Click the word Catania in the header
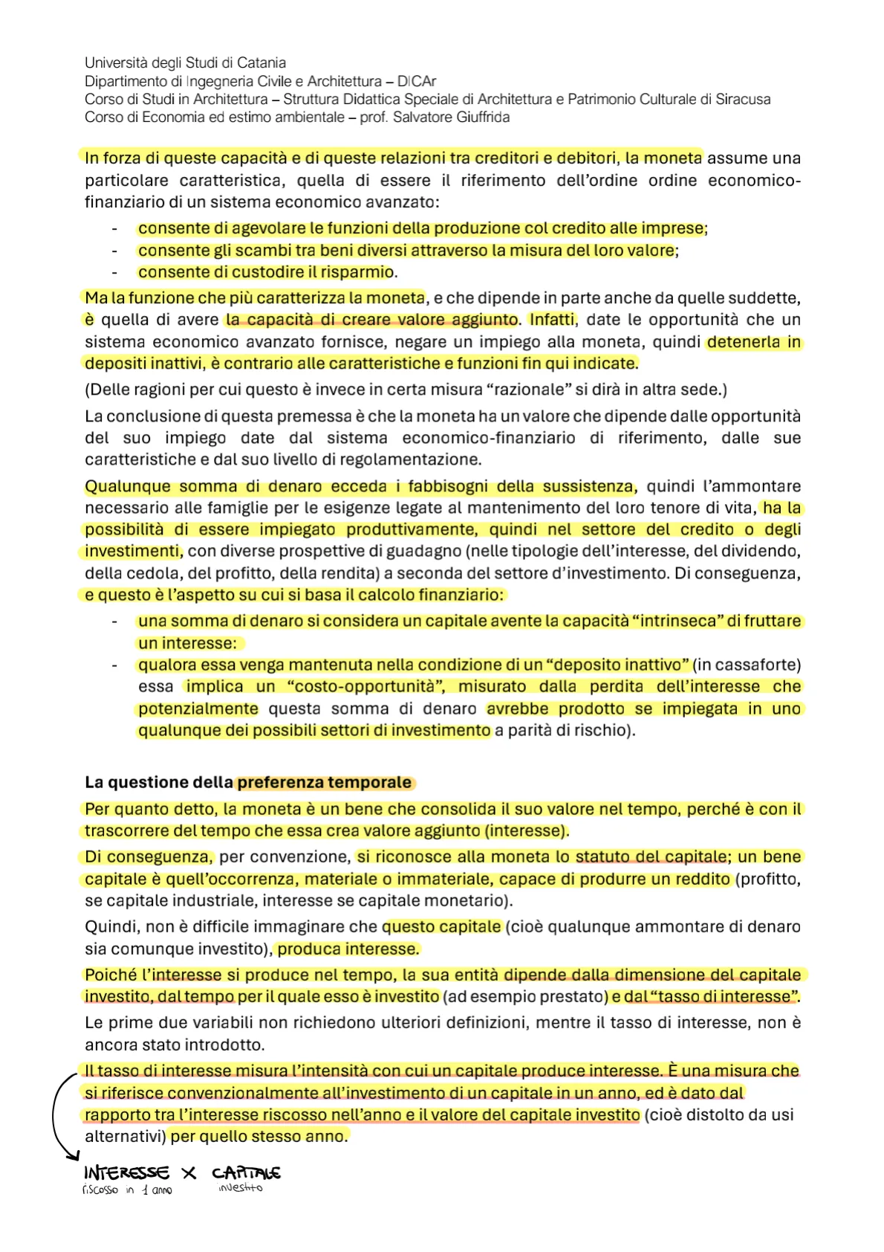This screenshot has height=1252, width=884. click(x=262, y=63)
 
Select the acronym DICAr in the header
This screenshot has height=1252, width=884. click(x=417, y=81)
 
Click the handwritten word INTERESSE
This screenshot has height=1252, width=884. click(x=126, y=1172)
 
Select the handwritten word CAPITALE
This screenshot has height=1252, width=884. click(x=246, y=1173)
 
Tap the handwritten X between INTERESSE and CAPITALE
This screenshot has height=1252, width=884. click(x=189, y=1172)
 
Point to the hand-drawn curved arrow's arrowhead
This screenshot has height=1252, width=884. click(x=74, y=1156)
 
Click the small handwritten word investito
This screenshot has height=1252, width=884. click(x=240, y=1188)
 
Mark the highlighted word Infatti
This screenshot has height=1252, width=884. click(x=552, y=320)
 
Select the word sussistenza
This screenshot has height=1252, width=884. click(x=588, y=486)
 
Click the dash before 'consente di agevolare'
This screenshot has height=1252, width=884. click(x=115, y=229)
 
